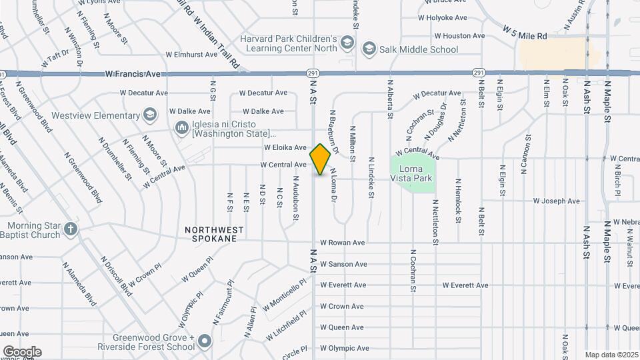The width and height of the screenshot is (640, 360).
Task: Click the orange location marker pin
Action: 321,159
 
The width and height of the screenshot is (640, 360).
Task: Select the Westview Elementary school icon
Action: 150,115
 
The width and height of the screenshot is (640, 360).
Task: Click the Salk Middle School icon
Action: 369,49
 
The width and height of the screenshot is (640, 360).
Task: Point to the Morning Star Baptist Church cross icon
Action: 71,231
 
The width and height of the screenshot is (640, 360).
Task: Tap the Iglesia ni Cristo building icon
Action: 181,127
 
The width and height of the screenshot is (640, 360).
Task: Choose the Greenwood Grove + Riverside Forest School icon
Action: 205,342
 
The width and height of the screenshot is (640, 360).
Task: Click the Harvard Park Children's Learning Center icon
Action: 347,43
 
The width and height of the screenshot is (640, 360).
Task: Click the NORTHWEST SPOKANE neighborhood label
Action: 214,233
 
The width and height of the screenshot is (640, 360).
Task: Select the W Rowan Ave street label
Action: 343,243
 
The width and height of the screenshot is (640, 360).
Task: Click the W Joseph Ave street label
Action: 556,201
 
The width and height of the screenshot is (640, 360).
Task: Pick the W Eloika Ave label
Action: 285,147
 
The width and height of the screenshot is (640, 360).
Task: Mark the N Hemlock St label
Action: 459,196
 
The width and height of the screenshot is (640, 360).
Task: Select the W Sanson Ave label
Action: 343,264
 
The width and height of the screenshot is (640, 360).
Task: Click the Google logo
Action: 22,351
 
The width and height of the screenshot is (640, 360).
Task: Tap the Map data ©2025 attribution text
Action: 611,355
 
